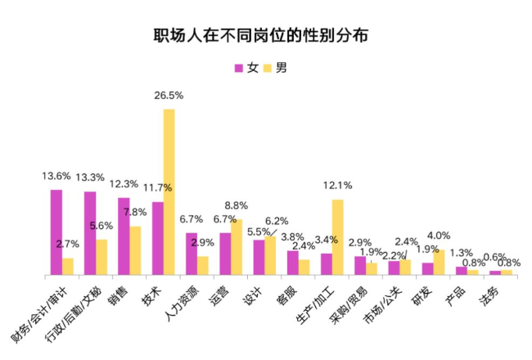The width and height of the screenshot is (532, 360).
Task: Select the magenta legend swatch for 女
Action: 239,68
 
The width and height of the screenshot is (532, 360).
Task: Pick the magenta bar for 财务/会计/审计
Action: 56,232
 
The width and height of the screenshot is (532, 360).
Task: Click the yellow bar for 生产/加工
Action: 337,237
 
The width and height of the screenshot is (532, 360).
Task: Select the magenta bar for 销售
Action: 124,236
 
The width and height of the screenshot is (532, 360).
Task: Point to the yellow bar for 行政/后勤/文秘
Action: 101,257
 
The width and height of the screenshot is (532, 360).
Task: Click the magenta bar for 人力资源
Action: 192,254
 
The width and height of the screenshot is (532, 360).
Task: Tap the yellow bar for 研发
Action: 439,262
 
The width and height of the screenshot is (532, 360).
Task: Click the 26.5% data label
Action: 169,96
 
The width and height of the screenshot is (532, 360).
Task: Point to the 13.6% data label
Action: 56,176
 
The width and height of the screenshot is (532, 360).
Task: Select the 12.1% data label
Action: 337,185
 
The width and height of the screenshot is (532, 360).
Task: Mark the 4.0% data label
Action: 440,236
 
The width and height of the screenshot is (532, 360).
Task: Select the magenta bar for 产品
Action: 461,270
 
